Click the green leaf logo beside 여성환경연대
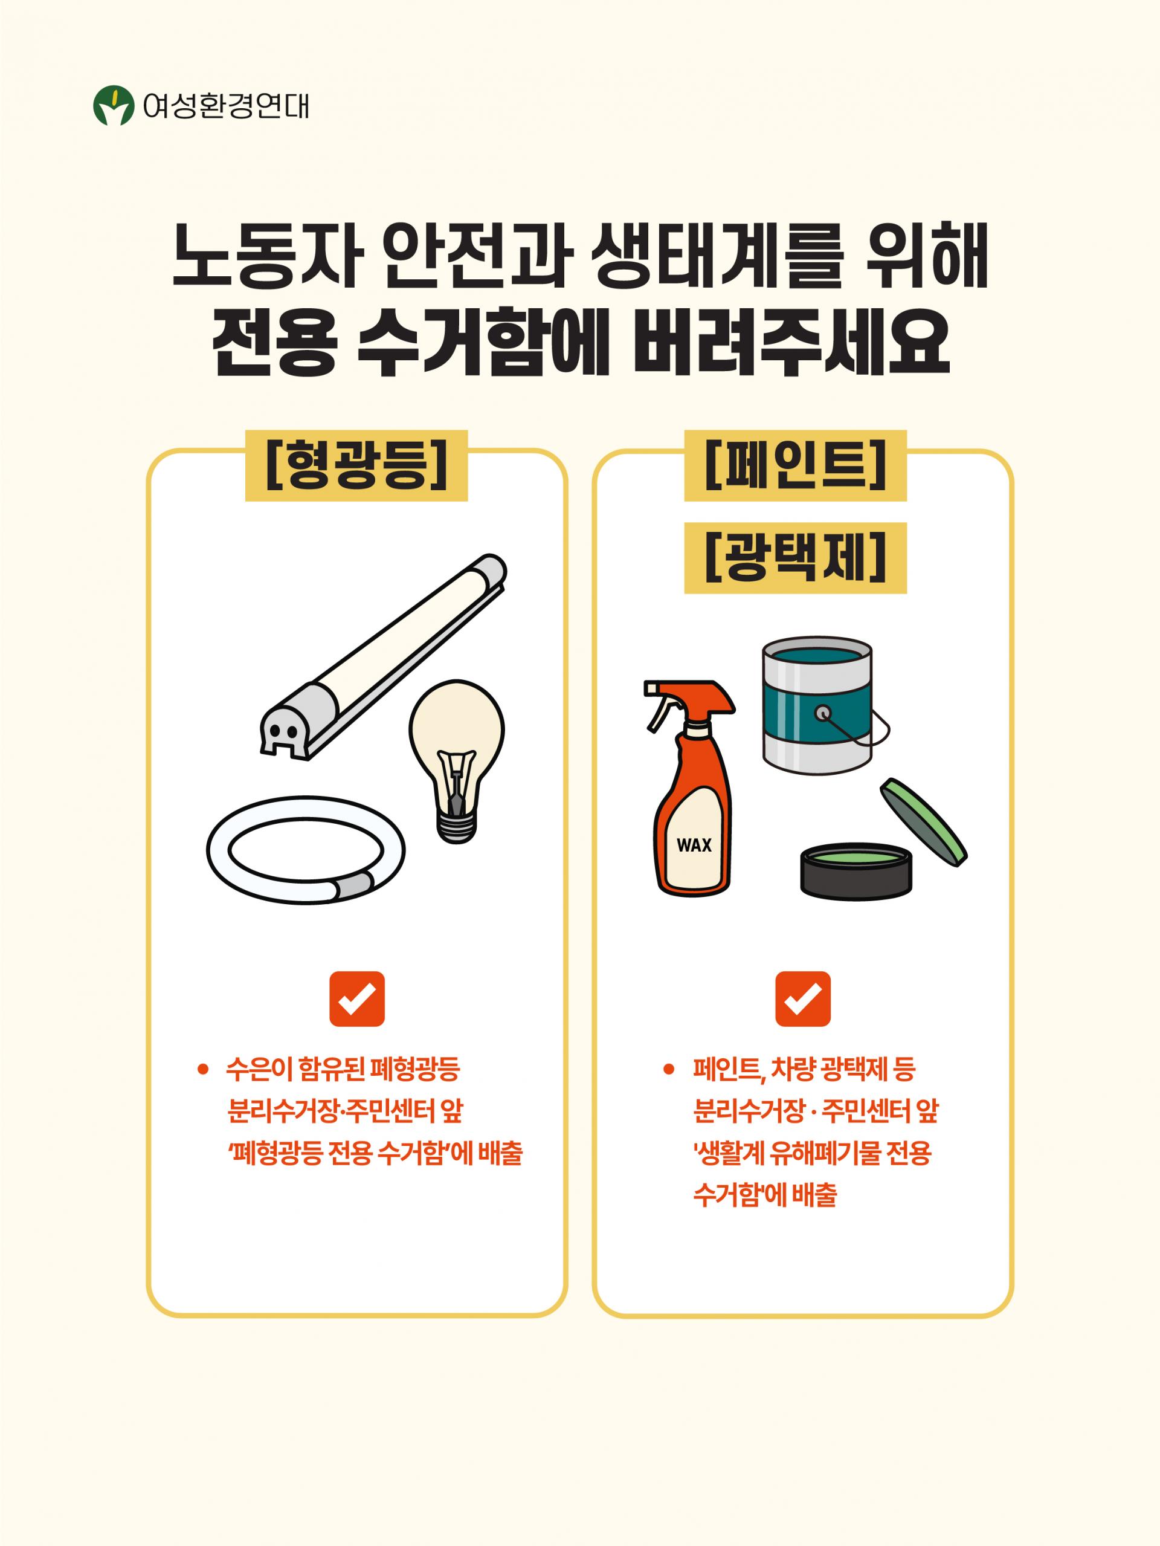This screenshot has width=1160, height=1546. click(x=113, y=106)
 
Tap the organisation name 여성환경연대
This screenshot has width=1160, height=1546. click(x=225, y=106)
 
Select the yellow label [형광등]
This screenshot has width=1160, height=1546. click(x=356, y=465)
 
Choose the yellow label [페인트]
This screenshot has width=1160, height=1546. click(x=795, y=465)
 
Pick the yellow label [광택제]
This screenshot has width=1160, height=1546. click(x=795, y=558)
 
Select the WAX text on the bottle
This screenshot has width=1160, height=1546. click(x=694, y=845)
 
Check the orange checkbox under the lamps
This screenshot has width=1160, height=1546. click(x=356, y=999)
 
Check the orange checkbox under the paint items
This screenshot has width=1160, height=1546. click(x=803, y=999)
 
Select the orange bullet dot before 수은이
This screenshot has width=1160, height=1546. click(x=202, y=1069)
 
